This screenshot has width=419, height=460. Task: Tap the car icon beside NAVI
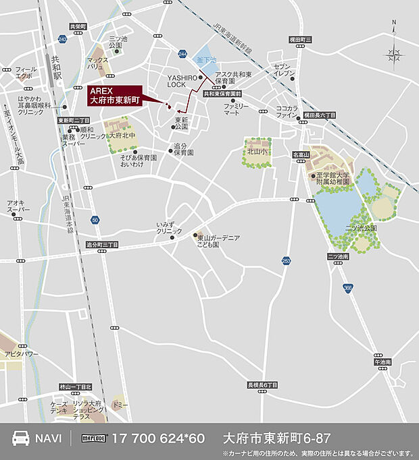[22, 438]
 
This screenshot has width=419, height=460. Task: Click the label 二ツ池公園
[360, 228]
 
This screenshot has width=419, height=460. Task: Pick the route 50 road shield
[95, 220]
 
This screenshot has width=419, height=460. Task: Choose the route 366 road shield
[347, 287]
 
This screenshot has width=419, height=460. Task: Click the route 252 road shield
[287, 260]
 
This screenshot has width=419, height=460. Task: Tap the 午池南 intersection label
[383, 362]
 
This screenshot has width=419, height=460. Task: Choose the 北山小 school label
[258, 152]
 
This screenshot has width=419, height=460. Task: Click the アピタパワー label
[22, 354]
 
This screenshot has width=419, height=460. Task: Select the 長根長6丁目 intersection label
[263, 384]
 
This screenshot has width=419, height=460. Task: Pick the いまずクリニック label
[170, 227]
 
